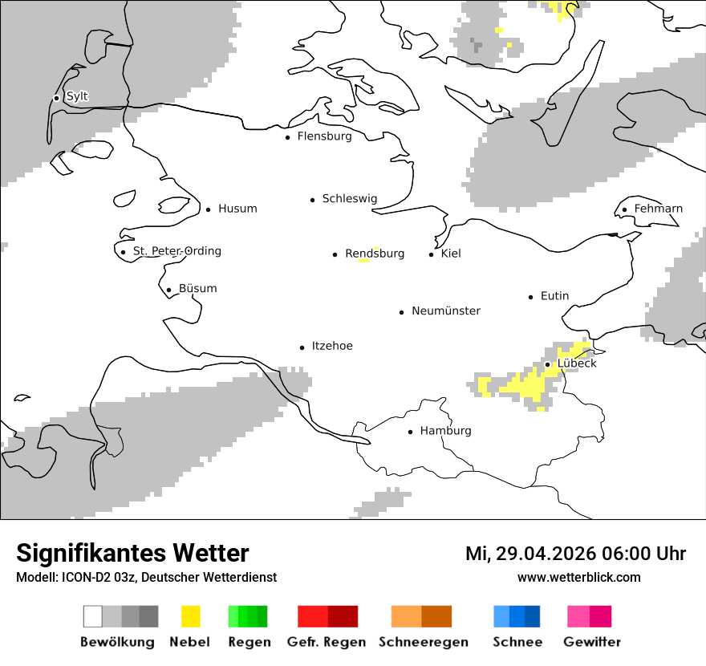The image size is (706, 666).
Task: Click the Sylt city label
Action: (77, 96)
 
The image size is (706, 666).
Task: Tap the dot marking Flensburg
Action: (287, 137)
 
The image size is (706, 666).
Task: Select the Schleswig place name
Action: (349, 199)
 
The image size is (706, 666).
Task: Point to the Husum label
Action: (237, 209)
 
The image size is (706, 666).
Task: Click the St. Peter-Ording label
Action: (176, 251)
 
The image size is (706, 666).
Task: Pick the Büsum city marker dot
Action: (168, 290)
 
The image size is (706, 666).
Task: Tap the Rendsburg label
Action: (375, 254)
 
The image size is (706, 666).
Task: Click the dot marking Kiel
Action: (431, 254)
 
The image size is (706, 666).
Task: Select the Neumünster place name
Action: (446, 311)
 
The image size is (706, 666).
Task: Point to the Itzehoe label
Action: (332, 346)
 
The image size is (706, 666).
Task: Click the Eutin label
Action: (554, 296)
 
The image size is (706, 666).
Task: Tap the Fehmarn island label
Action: (658, 209)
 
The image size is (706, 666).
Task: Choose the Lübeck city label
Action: (577, 363)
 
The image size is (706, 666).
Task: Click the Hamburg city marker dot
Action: (410, 432)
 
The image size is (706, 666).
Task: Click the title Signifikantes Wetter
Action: (132, 553)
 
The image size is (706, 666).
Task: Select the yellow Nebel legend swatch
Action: (190, 616)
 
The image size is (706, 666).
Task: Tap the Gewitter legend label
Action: (592, 642)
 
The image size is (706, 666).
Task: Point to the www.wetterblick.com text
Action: (578, 578)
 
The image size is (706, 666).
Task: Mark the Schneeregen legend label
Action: (424, 642)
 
